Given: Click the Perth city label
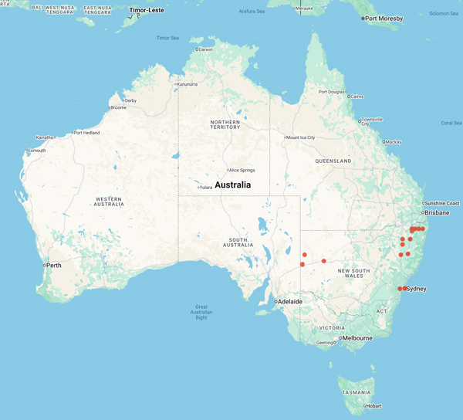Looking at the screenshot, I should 54,266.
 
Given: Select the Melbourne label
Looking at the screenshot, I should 357,338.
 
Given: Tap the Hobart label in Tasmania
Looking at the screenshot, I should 373,406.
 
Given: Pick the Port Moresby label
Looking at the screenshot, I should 386,19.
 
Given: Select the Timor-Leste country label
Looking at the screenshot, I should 147,11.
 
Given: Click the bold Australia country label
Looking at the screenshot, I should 232,185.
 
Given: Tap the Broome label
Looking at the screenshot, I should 118,107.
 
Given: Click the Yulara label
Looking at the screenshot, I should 205,188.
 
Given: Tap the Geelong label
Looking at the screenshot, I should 325,342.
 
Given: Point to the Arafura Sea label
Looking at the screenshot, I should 252,11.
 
